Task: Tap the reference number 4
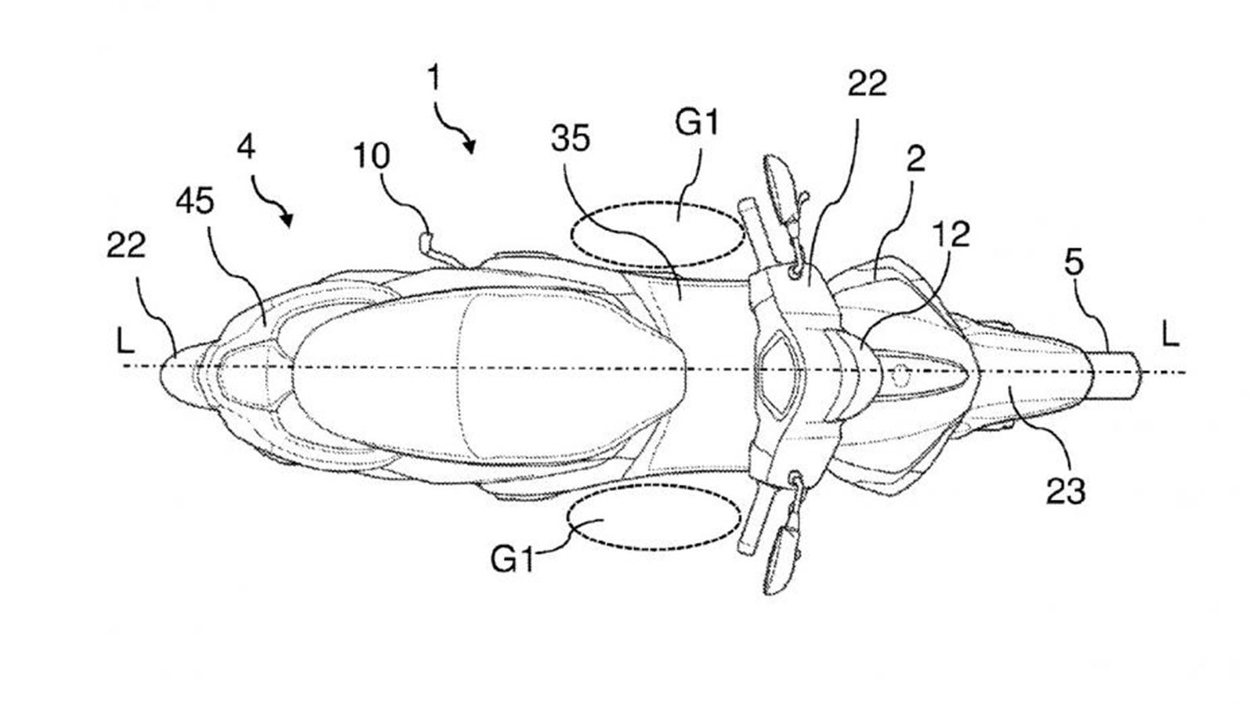click(x=246, y=148)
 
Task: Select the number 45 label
click(x=195, y=201)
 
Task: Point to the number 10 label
click(x=371, y=156)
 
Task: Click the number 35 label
click(x=571, y=138)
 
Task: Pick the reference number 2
click(x=916, y=159)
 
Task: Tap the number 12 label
click(x=951, y=234)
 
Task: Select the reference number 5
click(x=1074, y=263)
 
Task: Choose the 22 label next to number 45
click(x=126, y=245)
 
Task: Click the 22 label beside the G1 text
click(x=867, y=85)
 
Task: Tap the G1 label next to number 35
click(x=697, y=122)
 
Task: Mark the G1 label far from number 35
click(x=513, y=559)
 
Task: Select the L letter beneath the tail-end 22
click(x=125, y=339)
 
